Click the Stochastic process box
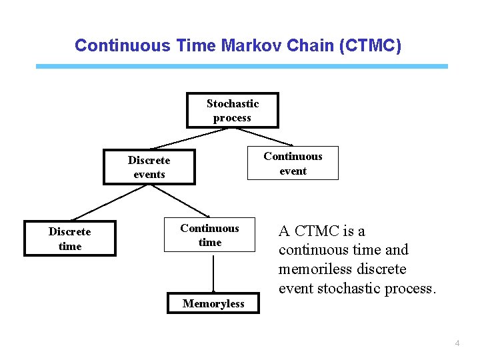232,111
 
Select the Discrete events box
149,167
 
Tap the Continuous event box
293,163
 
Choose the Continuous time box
209,235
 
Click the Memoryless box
213,304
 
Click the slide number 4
457,343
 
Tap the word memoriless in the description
311,269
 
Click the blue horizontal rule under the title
241,67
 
